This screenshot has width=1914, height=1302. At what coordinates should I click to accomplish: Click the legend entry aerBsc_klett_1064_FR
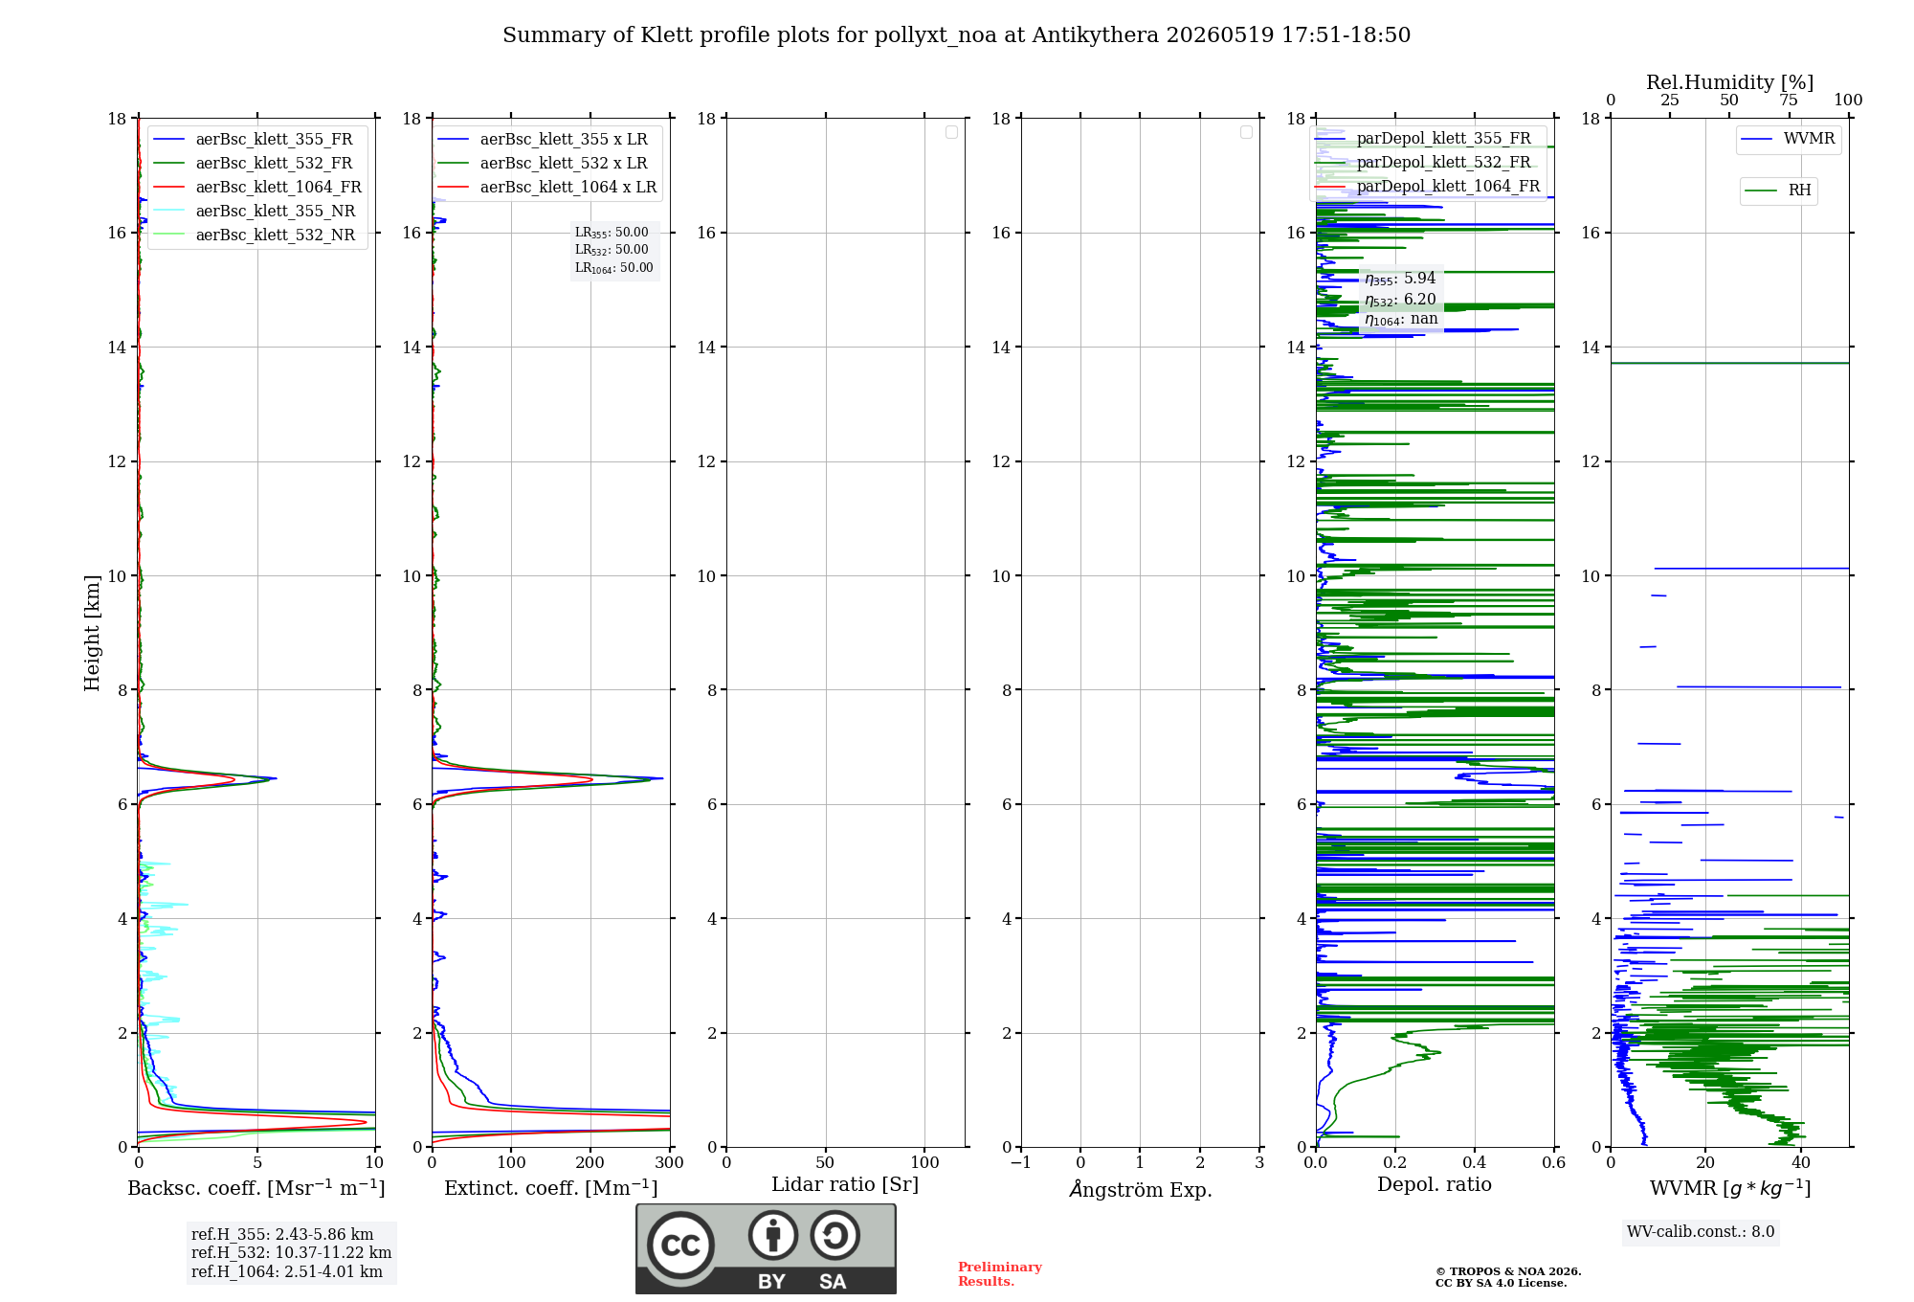(257, 187)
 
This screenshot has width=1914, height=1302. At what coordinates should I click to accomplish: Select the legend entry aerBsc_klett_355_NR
(255, 211)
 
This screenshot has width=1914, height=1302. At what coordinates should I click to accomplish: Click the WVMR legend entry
(1788, 139)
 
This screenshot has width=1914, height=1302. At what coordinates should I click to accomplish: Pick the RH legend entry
(1778, 190)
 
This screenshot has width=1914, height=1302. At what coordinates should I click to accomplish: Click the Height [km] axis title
(92, 633)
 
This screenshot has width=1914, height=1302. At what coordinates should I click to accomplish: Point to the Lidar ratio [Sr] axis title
(845, 1184)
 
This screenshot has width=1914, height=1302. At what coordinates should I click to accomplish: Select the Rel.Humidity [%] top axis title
(1730, 82)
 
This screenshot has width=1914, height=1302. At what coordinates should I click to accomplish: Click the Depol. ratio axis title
(1435, 1184)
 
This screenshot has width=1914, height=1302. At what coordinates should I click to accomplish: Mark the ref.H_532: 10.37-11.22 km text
(291, 1252)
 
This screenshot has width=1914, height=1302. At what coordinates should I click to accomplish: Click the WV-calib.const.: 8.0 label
(1701, 1231)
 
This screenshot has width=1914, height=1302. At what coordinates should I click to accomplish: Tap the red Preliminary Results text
(1000, 1274)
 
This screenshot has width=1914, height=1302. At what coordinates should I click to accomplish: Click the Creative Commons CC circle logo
(680, 1246)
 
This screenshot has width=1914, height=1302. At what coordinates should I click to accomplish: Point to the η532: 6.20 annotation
(1400, 299)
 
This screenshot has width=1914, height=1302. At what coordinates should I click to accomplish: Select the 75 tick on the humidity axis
(1789, 101)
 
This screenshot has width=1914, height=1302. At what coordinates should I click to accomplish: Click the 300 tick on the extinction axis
(670, 1162)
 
